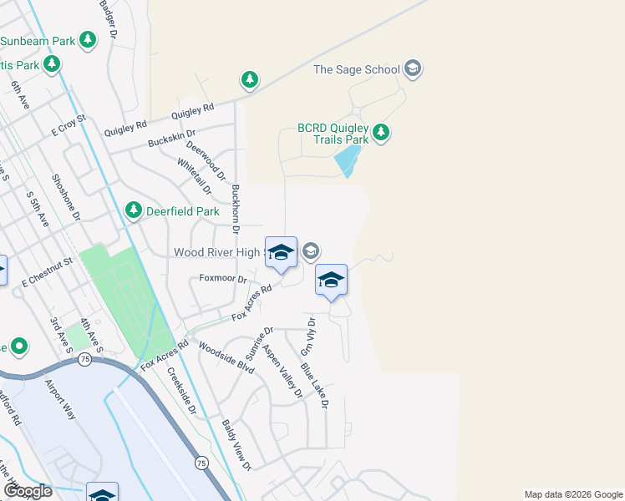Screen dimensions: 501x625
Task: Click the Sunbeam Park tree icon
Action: tap(87, 39)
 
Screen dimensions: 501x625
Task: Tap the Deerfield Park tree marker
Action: tap(133, 211)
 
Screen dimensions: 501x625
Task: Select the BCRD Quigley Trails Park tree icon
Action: tap(381, 132)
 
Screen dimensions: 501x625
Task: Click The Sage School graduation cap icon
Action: tap(411, 69)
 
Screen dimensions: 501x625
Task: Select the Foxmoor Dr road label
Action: tap(223, 279)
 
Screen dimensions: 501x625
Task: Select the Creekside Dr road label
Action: tap(181, 391)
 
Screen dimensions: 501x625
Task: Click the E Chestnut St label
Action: tap(48, 272)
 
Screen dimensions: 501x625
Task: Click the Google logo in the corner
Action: tap(28, 491)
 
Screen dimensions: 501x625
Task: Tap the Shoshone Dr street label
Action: tap(65, 198)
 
